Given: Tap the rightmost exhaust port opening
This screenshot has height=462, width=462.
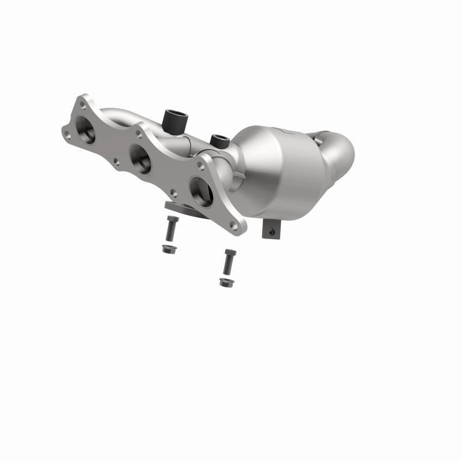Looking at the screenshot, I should pyautogui.click(x=200, y=191).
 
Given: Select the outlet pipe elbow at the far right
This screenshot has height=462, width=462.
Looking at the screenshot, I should pyautogui.click(x=338, y=153).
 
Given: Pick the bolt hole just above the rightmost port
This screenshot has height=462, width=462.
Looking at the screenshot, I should pyautogui.click(x=200, y=165).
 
